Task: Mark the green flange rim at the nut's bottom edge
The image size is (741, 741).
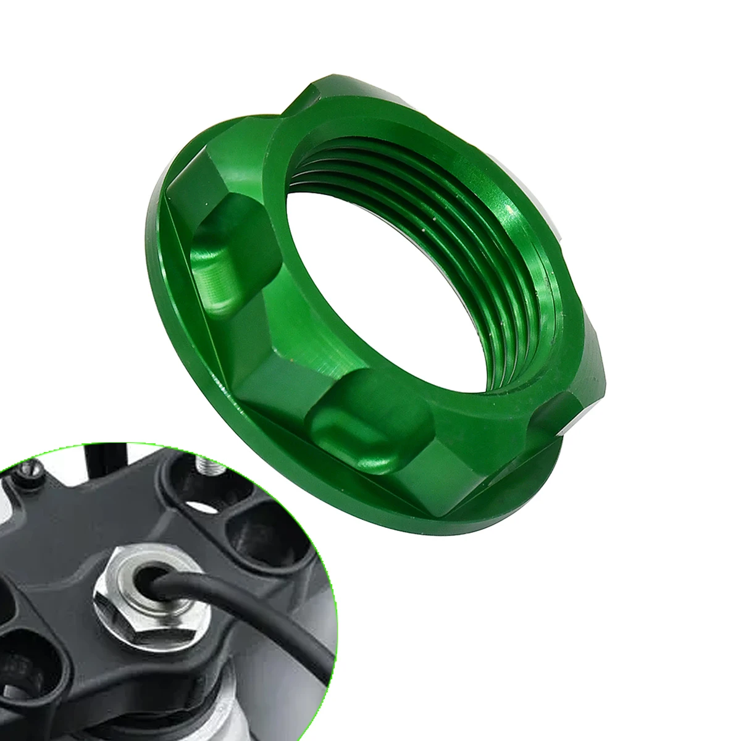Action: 432,531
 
